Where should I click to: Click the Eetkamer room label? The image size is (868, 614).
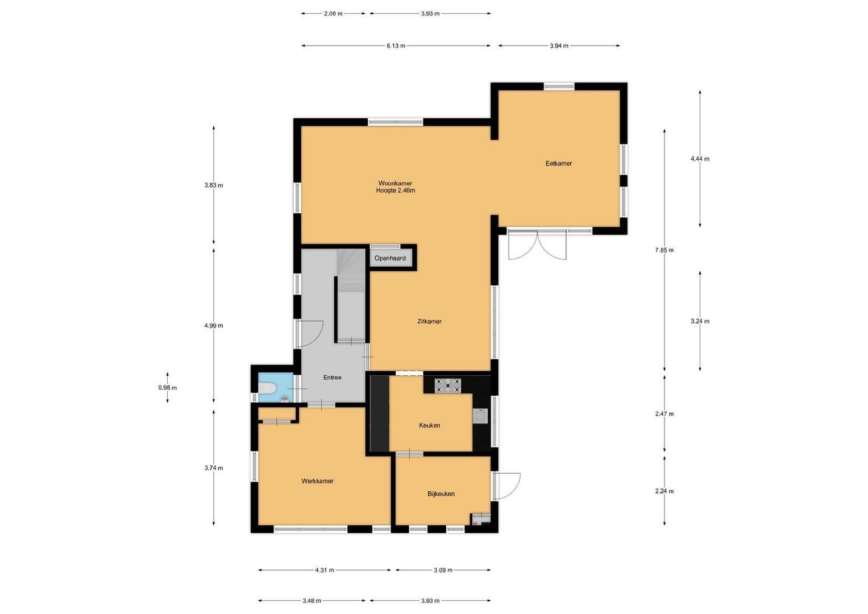pyautogui.click(x=558, y=164)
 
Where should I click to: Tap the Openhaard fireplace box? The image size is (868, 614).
pyautogui.click(x=390, y=258)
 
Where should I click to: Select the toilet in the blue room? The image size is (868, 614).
pyautogui.click(x=267, y=388)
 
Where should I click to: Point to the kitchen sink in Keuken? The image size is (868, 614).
pyautogui.click(x=480, y=417)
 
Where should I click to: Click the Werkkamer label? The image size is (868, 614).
pyautogui.click(x=317, y=481)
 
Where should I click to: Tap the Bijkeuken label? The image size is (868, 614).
pyautogui.click(x=441, y=494)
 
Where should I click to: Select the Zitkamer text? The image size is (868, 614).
pyautogui.click(x=429, y=322)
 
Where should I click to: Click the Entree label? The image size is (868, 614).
pyautogui.click(x=332, y=377)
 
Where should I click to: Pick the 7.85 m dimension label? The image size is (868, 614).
pyautogui.click(x=664, y=250)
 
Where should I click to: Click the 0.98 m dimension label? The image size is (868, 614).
pyautogui.click(x=167, y=388)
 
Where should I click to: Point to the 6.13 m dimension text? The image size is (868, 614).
pyautogui.click(x=396, y=46)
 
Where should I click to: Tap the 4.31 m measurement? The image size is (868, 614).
pyautogui.click(x=325, y=570)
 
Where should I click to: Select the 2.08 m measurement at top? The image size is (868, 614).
pyautogui.click(x=333, y=14)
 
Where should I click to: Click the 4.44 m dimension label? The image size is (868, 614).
pyautogui.click(x=700, y=159)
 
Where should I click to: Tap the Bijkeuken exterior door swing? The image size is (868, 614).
pyautogui.click(x=508, y=486)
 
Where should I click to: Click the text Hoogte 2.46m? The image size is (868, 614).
pyautogui.click(x=395, y=191)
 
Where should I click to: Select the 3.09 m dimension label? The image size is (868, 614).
pyautogui.click(x=443, y=570)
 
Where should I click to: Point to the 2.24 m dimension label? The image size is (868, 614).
pyautogui.click(x=664, y=491)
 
